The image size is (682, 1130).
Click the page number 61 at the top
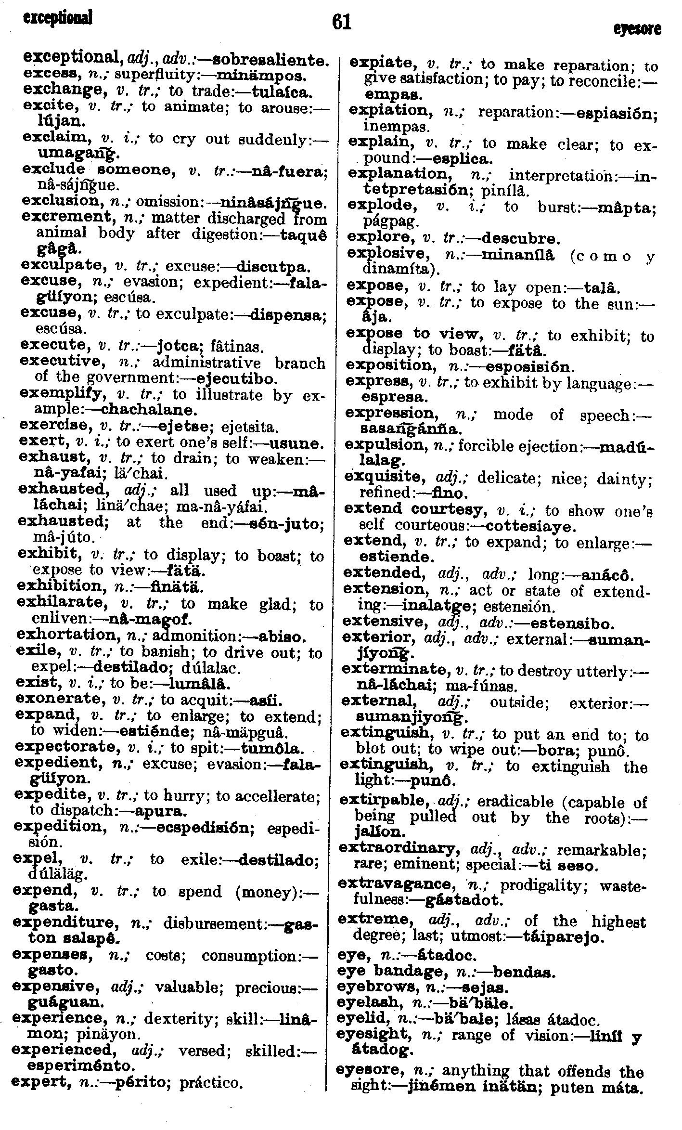coord(341,22)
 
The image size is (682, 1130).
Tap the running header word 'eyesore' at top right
coord(637,29)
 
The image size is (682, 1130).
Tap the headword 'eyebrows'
coord(380,988)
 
